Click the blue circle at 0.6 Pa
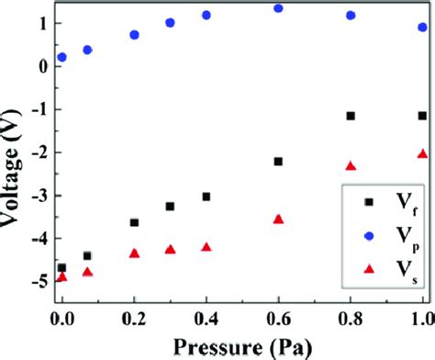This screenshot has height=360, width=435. (278, 8)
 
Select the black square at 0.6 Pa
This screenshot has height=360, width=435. (278, 162)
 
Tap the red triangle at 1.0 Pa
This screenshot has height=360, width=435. (422, 154)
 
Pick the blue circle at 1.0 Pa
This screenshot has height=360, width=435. (422, 28)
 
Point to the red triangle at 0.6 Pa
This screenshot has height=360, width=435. (278, 219)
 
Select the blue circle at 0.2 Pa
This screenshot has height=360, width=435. (134, 35)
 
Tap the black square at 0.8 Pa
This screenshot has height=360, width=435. (351, 116)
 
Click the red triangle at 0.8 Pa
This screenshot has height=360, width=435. (351, 166)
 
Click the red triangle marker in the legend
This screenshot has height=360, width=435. (369, 266)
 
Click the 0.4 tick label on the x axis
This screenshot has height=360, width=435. (206, 314)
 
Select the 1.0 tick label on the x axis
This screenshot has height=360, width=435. (421, 314)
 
